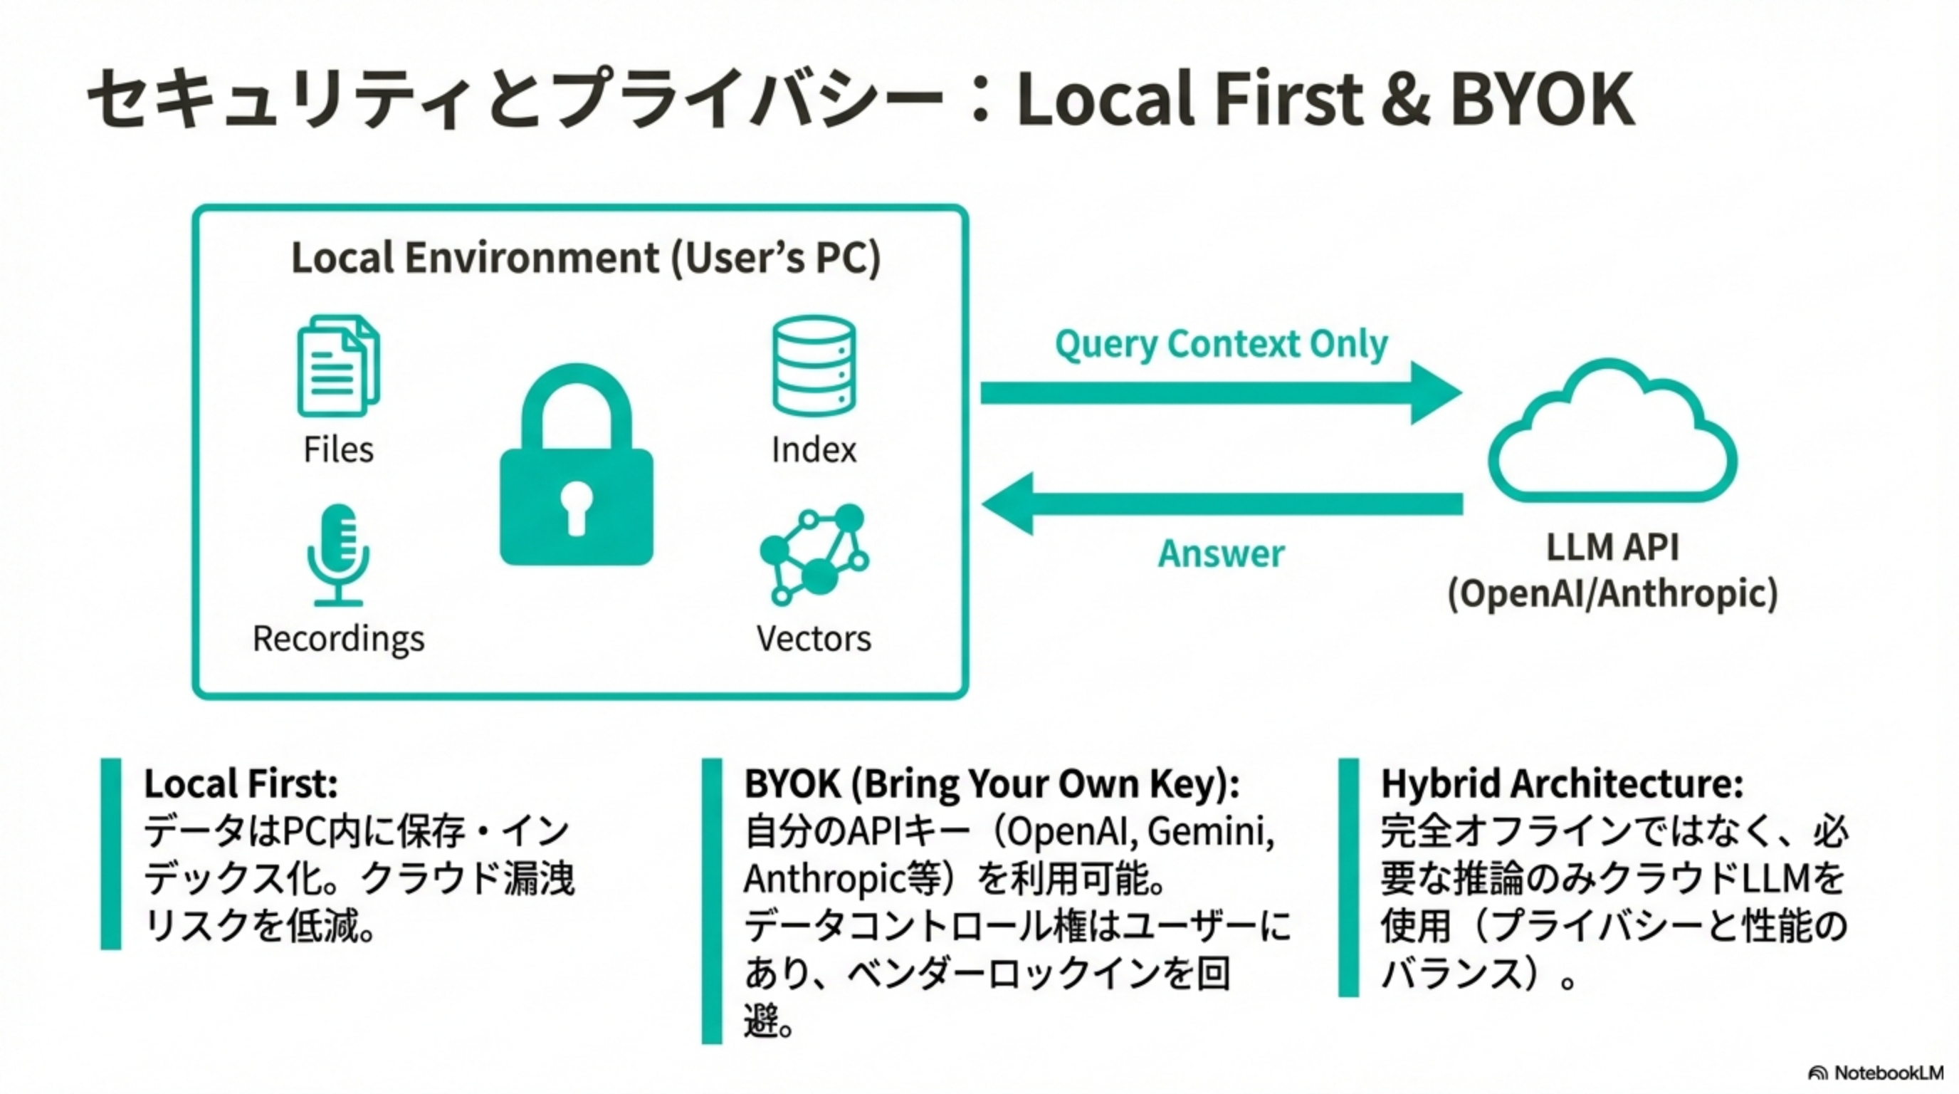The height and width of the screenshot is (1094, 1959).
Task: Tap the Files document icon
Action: coord(337,366)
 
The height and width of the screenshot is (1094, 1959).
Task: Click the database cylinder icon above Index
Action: coord(814,366)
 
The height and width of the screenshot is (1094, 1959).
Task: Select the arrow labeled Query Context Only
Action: coord(1221,393)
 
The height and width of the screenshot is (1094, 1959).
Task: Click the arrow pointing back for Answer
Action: coord(1221,504)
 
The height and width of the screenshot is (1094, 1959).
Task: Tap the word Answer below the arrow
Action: coord(1222,553)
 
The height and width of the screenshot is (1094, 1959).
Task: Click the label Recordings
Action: coord(338,638)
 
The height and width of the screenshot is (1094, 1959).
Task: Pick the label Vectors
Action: coord(814,638)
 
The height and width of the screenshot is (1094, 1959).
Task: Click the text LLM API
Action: coord(1612,547)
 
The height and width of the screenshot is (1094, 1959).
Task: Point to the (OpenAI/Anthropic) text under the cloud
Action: coord(1612,593)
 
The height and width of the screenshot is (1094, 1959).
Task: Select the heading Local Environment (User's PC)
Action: coord(586,257)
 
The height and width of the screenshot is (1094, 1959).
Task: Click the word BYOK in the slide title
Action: coord(1543,100)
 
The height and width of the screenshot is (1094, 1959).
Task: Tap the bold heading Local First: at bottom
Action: coord(241,783)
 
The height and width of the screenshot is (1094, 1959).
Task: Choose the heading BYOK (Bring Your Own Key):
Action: coord(992,783)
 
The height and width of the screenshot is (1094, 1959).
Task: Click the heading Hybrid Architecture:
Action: coord(1562,783)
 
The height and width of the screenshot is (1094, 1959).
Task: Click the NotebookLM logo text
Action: coord(1889,1073)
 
